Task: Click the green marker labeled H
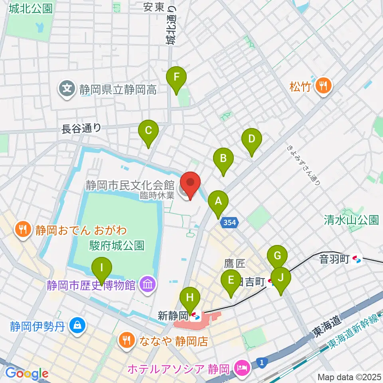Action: [189, 298]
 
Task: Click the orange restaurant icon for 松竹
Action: [323, 87]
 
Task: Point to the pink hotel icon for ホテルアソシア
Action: [242, 365]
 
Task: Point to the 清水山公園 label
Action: [351, 220]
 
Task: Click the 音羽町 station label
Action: [334, 260]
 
